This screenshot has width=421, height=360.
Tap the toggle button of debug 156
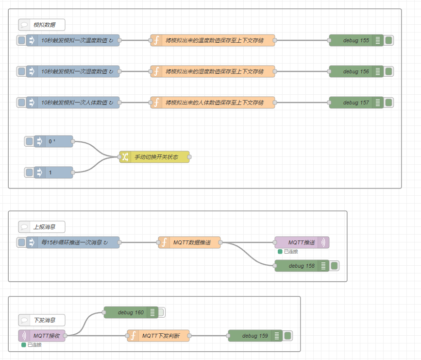point(388,71)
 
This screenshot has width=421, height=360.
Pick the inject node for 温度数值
point(73,40)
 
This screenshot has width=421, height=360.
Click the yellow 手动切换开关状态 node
point(154,157)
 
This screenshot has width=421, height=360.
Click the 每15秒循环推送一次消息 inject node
point(73,242)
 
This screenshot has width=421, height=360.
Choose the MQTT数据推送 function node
point(189,242)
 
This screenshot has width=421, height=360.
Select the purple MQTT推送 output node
point(302,242)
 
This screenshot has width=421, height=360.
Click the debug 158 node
point(302,266)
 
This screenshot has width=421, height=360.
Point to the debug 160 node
point(131,312)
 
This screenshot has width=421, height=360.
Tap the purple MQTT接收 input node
point(42,336)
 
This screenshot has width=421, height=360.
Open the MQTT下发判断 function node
point(158,336)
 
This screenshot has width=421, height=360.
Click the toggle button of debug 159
point(287,336)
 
